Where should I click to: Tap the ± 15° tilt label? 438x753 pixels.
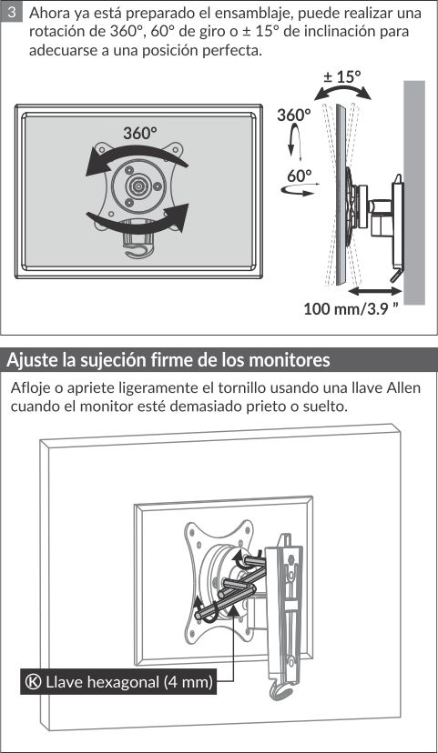(x=341, y=76)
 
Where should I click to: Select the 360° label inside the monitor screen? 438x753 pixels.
(x=140, y=133)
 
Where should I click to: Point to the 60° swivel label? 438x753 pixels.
(x=300, y=176)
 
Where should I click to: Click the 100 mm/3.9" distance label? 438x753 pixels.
(x=351, y=308)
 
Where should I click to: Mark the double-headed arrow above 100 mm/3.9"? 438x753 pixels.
(x=374, y=290)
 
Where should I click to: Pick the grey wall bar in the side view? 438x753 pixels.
(x=414, y=192)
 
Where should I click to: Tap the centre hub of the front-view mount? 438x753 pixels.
(x=138, y=185)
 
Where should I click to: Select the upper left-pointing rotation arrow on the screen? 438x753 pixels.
(x=135, y=156)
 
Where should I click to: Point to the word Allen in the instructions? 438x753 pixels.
(x=404, y=387)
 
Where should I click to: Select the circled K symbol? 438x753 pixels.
(x=33, y=682)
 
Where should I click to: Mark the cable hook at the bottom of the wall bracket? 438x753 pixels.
(x=281, y=688)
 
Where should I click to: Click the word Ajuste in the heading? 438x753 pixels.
(x=32, y=360)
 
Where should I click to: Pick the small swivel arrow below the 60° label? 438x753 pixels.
(x=300, y=191)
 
